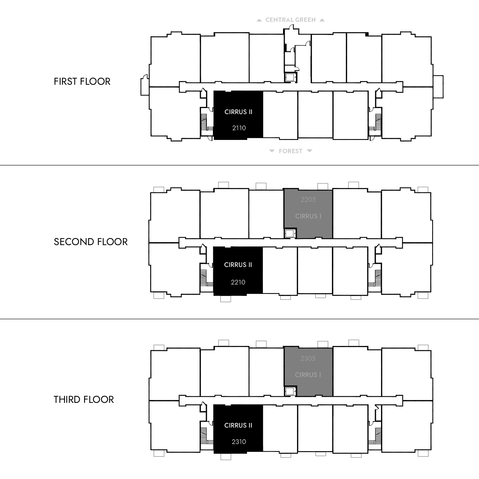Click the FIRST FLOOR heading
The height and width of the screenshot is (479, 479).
[x=82, y=82]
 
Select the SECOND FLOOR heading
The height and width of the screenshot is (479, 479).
[x=91, y=242]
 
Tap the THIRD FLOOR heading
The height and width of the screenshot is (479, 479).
[x=84, y=400]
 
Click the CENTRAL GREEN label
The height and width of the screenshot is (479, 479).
[x=291, y=20]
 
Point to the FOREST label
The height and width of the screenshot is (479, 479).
[x=291, y=151]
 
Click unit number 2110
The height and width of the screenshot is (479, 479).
[x=239, y=128]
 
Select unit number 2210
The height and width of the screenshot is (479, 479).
[x=238, y=282]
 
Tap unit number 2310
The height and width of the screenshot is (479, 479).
[x=239, y=442]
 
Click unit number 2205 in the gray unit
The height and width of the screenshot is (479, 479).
[x=308, y=200]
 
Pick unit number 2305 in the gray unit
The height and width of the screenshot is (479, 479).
[x=308, y=359]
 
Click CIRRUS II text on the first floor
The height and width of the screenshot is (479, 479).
[x=238, y=112]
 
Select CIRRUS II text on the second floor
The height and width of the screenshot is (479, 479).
[x=238, y=265]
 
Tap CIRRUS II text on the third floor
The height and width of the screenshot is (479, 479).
[x=238, y=426]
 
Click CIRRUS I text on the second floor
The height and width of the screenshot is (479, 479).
[x=308, y=216]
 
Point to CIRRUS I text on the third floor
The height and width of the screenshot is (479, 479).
[x=308, y=375]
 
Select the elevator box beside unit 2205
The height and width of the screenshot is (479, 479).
[x=290, y=233]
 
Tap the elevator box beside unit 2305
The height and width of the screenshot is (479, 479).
[x=290, y=391]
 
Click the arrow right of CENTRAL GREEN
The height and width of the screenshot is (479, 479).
[x=322, y=20]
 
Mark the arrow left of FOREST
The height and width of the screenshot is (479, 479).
[x=272, y=151]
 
